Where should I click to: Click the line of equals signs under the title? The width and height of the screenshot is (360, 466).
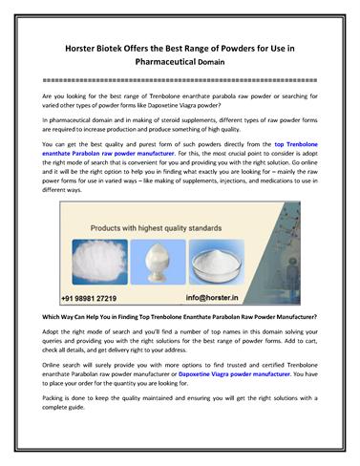coord(180,82)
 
